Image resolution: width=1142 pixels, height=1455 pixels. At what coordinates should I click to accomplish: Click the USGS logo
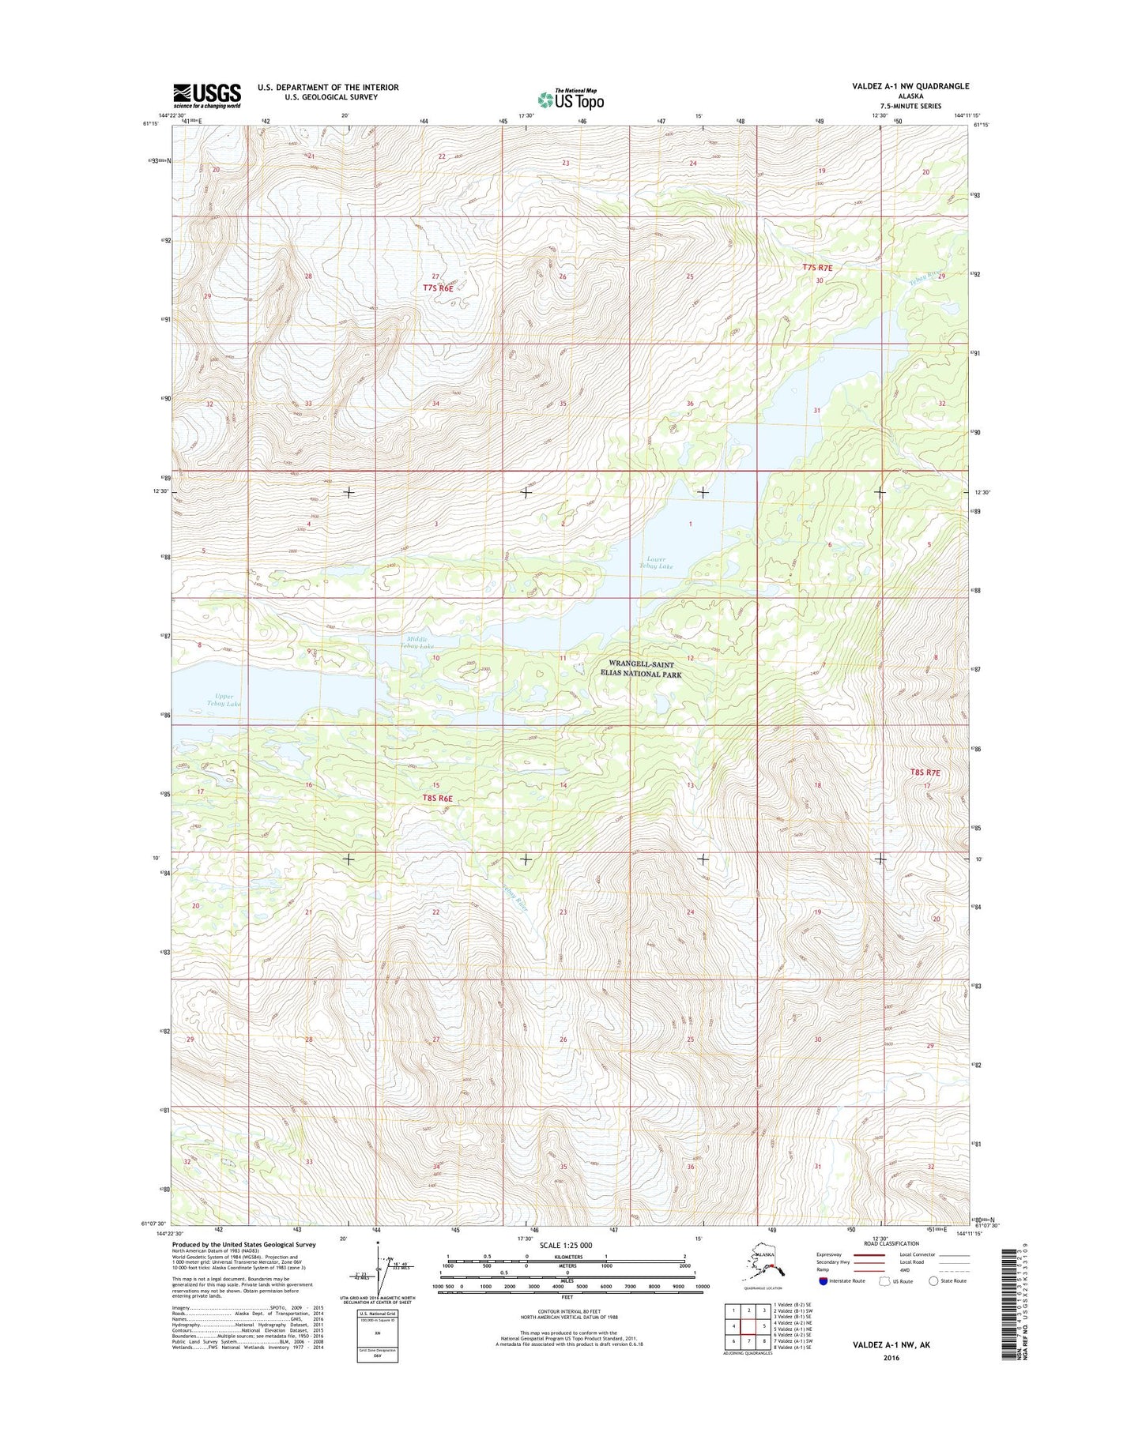(x=206, y=96)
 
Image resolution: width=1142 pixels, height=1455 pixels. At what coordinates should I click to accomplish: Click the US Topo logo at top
(x=571, y=99)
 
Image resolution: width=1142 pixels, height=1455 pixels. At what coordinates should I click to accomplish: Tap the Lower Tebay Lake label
(x=657, y=562)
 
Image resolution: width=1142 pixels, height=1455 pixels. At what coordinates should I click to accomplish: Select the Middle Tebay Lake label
(x=420, y=643)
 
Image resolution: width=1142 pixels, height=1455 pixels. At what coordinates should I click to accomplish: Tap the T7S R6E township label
(x=438, y=288)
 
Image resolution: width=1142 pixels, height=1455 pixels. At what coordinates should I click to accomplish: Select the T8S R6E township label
(x=437, y=798)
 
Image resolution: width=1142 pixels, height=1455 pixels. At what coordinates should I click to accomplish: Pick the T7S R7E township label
(x=818, y=268)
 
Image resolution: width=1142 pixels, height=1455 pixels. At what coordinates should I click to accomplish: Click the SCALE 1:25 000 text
(x=567, y=1246)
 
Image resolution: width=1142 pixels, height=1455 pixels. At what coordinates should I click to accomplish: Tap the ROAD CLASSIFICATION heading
(x=891, y=1243)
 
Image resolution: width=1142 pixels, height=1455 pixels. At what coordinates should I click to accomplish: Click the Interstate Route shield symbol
(x=824, y=1281)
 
